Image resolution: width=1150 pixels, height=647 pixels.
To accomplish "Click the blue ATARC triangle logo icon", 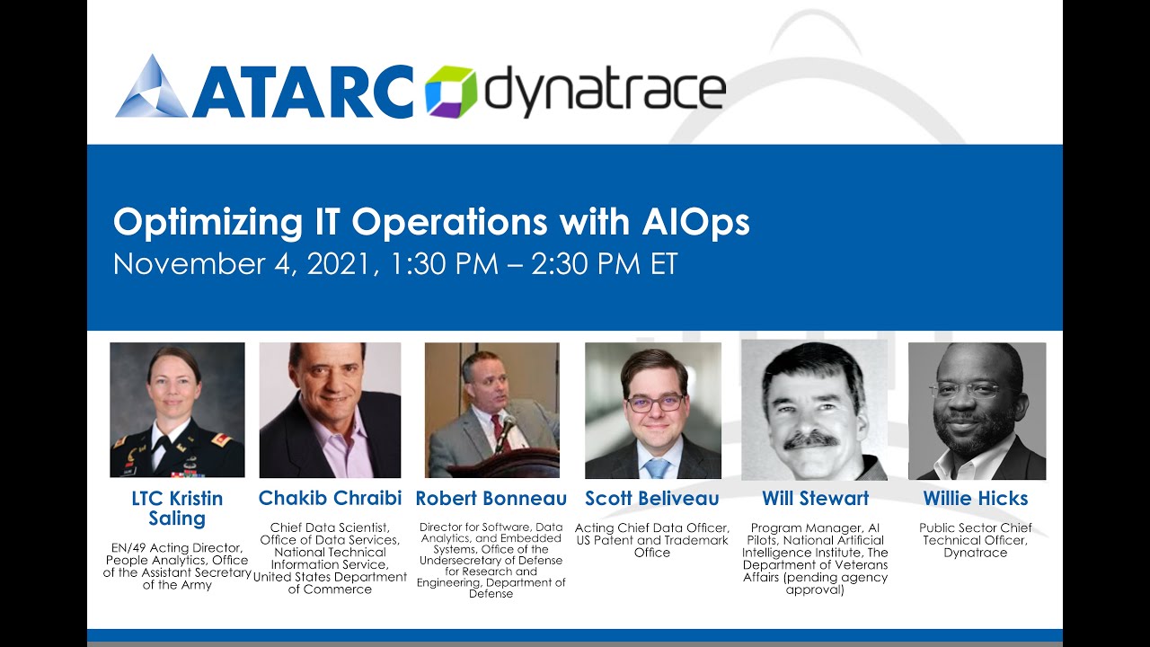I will click(152, 87).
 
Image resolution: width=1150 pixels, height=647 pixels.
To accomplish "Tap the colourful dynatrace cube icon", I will click(450, 91).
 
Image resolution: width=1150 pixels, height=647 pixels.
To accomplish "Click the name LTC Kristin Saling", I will click(178, 509).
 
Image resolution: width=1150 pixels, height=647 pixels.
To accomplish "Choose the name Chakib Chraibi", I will click(330, 498).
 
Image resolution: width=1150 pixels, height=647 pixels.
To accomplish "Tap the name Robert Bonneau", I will click(491, 498).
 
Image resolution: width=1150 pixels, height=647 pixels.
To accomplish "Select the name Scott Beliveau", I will click(652, 498).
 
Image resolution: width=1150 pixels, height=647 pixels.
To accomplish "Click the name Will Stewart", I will click(815, 498).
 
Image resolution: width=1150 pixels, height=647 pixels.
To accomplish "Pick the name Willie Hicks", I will click(976, 498).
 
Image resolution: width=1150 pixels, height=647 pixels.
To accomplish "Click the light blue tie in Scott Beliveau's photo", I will click(657, 467).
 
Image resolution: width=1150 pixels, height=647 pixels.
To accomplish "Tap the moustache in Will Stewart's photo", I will click(811, 439).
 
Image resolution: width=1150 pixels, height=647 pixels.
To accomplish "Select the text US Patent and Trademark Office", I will click(652, 546).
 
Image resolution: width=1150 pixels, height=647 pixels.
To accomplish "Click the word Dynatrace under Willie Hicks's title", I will click(975, 553).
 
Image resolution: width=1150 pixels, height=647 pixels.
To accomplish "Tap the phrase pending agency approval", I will click(816, 584).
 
